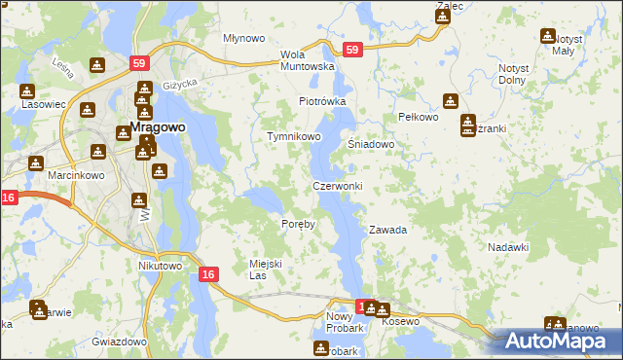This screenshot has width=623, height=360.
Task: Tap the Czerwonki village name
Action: tap(337, 186)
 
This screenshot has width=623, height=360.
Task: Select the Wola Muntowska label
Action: tap(308, 60)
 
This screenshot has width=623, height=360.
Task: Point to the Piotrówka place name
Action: tap(322, 101)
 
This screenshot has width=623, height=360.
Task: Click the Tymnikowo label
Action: tap(294, 137)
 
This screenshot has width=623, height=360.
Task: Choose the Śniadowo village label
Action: tap(371, 144)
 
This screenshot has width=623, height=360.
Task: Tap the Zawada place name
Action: tap(386, 231)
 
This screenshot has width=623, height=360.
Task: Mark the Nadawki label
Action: tap(507, 247)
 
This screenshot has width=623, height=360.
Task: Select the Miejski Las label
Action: tap(265, 269)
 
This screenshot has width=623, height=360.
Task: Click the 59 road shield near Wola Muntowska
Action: tap(352, 50)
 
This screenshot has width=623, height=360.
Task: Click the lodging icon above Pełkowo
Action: tap(450, 99)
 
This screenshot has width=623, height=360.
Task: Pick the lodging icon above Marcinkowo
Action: tap(36, 162)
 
